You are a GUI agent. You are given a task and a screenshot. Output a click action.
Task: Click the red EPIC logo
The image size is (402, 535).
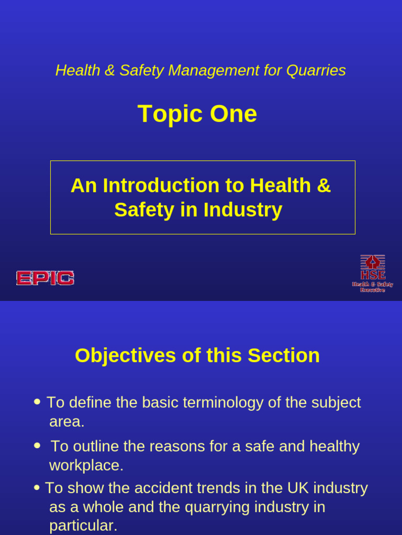click(45, 278)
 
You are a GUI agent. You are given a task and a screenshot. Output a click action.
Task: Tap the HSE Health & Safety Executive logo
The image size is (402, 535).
click(372, 273)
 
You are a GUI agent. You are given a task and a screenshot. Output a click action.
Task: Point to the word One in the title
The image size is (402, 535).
click(233, 114)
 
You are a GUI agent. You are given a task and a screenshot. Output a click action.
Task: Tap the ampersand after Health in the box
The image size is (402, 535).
click(324, 185)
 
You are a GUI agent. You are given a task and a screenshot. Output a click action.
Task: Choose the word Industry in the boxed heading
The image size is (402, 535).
click(243, 210)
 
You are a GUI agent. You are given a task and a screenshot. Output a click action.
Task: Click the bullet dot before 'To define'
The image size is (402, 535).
click(37, 402)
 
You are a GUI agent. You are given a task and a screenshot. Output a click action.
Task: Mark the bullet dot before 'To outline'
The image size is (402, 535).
click(37, 446)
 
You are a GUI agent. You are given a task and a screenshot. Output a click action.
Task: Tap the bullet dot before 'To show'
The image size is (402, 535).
click(37, 487)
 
